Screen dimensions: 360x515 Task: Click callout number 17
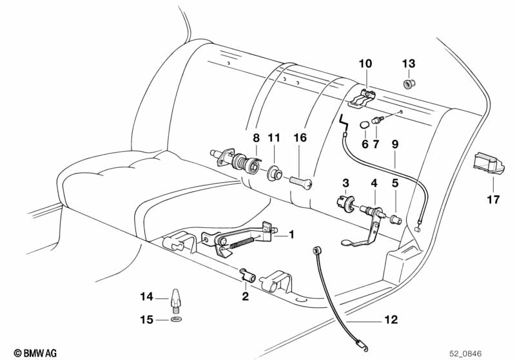point(493,200)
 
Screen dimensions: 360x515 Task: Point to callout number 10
point(365,64)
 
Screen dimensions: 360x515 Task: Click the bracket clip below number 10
point(362,98)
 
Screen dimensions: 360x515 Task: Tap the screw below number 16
point(300,181)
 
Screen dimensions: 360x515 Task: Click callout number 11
point(274,137)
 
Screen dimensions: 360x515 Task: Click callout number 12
point(391,319)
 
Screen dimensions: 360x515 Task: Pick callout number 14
point(146,297)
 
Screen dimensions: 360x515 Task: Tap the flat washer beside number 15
point(176,319)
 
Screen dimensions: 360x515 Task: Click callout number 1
point(291,235)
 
